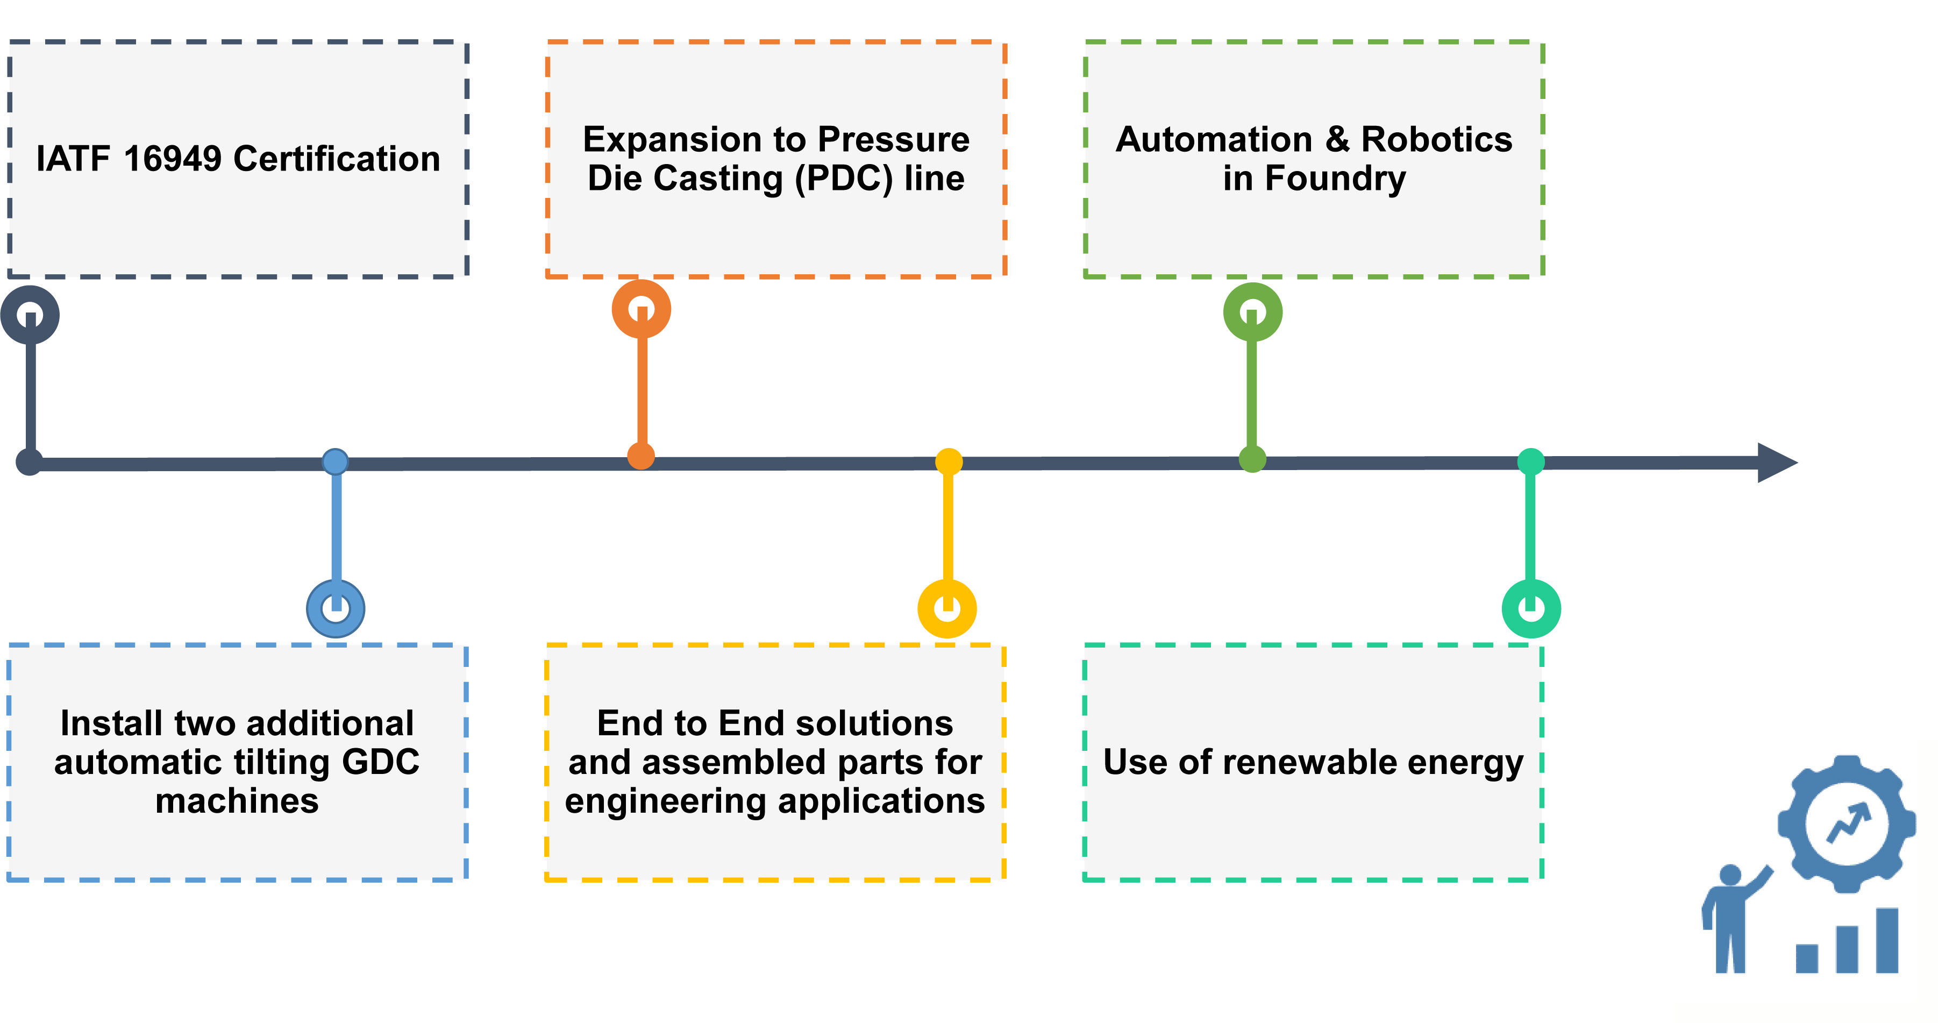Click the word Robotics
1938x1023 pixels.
(x=1436, y=139)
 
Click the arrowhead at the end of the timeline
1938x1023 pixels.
(x=1776, y=462)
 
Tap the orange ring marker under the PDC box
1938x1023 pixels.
(x=641, y=309)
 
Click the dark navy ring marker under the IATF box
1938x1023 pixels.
(x=30, y=315)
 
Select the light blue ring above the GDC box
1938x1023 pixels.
(x=336, y=608)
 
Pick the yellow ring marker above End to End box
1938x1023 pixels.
(x=947, y=608)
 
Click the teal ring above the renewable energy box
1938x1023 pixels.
(x=1531, y=608)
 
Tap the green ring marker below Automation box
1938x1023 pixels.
(x=1252, y=311)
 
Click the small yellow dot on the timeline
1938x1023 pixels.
(x=949, y=461)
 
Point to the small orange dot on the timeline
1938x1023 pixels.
(x=641, y=456)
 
